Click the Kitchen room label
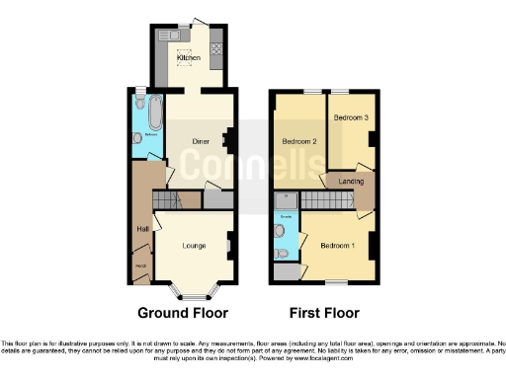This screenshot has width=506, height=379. click(x=188, y=58)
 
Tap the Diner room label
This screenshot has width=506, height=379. click(x=201, y=141)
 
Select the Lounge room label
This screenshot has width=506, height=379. click(x=194, y=246)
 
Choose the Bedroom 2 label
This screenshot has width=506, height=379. click(x=299, y=141)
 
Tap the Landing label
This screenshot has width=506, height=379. click(x=351, y=181)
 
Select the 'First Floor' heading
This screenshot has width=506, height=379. click(x=325, y=313)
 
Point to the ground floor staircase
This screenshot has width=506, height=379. click(x=167, y=200)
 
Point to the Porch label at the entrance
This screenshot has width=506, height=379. click(x=140, y=264)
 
